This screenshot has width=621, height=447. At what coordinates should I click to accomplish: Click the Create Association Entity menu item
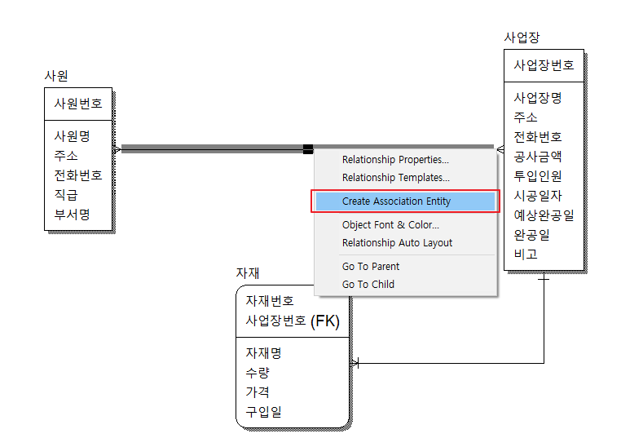(396, 201)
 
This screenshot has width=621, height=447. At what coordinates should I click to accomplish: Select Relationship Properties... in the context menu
(395, 160)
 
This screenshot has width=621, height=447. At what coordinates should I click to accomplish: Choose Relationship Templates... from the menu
(395, 178)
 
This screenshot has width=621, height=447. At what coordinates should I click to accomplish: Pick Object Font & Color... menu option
(390, 225)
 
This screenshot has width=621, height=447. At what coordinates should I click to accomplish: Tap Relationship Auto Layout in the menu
(397, 243)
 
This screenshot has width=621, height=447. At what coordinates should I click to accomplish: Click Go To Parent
(371, 267)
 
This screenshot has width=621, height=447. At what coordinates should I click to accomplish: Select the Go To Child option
(368, 285)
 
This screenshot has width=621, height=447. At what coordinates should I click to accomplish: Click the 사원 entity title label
(56, 76)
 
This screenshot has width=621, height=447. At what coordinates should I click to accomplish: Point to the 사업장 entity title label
(522, 38)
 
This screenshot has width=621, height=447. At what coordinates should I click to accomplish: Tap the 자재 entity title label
(248, 273)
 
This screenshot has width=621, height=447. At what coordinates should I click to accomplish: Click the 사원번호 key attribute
(78, 104)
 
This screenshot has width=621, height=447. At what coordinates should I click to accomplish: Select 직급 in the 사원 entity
(66, 195)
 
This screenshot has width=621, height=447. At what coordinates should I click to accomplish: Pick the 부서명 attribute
(72, 215)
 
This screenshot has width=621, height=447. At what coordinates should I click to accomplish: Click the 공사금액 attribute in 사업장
(537, 157)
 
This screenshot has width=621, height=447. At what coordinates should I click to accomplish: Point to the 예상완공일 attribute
(544, 215)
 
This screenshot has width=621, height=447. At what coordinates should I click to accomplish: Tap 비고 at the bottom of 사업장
(526, 254)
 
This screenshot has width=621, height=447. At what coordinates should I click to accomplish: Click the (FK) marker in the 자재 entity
(325, 321)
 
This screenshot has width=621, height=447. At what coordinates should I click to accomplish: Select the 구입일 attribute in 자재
(264, 412)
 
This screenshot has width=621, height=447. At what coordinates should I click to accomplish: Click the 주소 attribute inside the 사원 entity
(66, 156)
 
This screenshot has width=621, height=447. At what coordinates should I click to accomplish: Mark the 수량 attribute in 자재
(258, 373)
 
